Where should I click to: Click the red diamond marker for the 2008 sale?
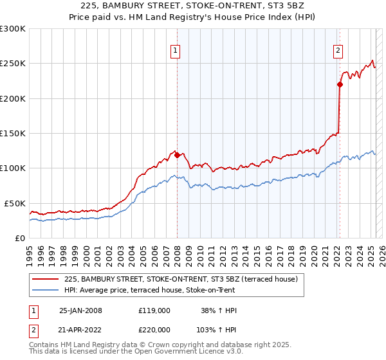tap(177, 155)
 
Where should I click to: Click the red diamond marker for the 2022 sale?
tap(339, 84)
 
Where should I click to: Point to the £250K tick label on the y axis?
tap(12, 64)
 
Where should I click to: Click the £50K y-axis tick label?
tap(14, 203)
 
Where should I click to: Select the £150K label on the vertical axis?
tap(12, 133)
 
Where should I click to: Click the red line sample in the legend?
tap(46, 280)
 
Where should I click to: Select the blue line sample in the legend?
tap(46, 290)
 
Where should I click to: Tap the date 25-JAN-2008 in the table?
tap(80, 310)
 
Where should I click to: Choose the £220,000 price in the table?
tap(154, 331)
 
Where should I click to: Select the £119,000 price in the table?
tap(154, 310)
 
